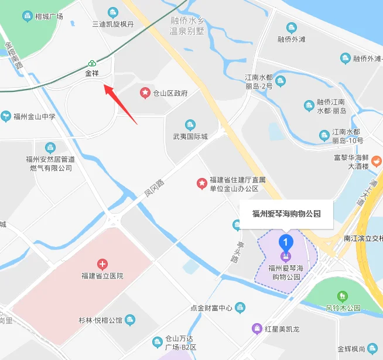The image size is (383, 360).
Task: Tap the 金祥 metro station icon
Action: tap(92, 64)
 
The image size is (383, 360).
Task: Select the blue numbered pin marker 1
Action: tap(285, 241)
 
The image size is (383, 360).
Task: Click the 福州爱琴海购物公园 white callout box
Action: tap(286, 214)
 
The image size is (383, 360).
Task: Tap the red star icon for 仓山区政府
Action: tap(144, 93)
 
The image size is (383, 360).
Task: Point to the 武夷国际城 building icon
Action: tap(190, 125)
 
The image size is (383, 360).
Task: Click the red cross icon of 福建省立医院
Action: tap(102, 264)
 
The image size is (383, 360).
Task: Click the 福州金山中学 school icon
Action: tap(6, 116)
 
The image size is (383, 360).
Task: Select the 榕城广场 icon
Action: tap(27, 16)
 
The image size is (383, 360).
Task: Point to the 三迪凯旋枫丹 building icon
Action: tap(113, 12)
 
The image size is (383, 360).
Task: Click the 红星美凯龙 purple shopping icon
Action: tap(257, 328)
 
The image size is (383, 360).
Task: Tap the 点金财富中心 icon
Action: tap(240, 307)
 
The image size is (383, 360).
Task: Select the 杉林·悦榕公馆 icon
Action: tap(130, 320)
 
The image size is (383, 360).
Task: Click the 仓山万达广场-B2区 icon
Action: tap(156, 342)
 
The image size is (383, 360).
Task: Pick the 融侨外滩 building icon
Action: tap(291, 28)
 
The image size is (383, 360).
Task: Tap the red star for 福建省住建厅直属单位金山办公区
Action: tap(201, 184)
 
